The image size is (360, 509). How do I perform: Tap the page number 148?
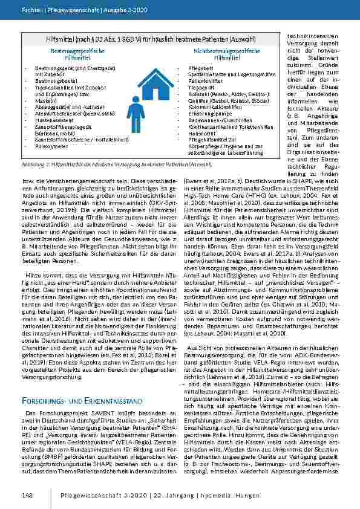tap(26, 496)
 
